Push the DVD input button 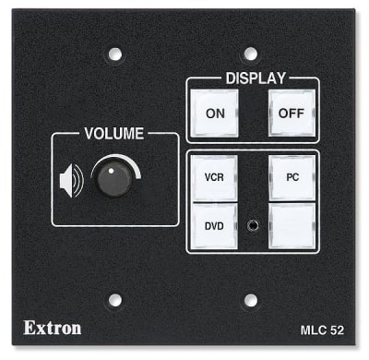pyautogui.click(x=214, y=224)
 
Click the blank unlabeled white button pyautogui.click(x=292, y=224)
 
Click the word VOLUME pyautogui.click(x=114, y=134)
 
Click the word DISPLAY pyautogui.click(x=256, y=78)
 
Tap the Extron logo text pyautogui.click(x=52, y=327)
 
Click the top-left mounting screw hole pyautogui.click(x=114, y=54)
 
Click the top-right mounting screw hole pyautogui.click(x=249, y=54)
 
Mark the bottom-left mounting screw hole pyautogui.click(x=114, y=300)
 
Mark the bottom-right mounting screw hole pyautogui.click(x=249, y=300)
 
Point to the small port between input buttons pyautogui.click(x=252, y=223)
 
